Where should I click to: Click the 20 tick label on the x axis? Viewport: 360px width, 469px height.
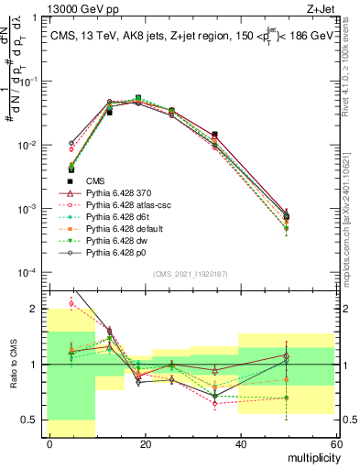coord(145,443)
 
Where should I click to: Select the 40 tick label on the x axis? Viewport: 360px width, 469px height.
coord(240,443)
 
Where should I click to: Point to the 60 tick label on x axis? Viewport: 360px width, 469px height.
coord(334,443)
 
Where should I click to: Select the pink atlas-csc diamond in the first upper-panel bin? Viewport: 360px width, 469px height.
coord(72,148)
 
